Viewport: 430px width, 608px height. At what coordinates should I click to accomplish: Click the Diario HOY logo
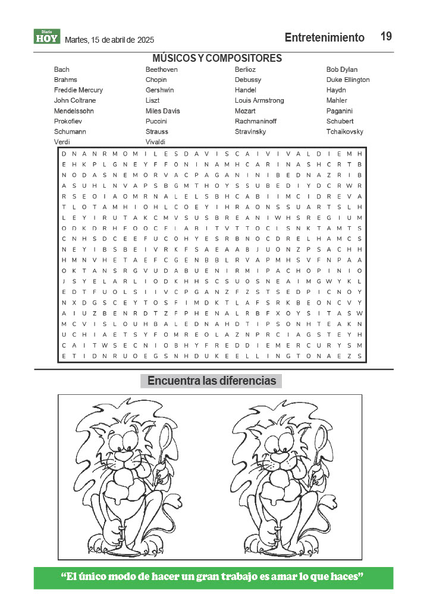47,37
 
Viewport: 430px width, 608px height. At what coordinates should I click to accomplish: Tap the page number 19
386,36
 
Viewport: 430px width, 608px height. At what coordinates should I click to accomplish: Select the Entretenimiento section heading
324,37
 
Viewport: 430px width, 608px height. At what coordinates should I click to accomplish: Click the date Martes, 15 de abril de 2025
109,40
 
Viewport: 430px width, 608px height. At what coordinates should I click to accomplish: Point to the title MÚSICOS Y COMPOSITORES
217,58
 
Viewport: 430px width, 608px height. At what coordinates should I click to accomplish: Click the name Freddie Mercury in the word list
78,90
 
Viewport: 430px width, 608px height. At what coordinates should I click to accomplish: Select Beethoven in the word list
161,69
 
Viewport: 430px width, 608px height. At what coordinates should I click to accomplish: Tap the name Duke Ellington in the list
348,80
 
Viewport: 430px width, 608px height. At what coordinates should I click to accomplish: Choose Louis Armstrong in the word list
259,100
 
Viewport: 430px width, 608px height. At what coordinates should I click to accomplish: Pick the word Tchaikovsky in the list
344,131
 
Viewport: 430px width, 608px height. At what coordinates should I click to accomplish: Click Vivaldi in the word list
156,142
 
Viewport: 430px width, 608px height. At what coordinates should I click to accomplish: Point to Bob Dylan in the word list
342,69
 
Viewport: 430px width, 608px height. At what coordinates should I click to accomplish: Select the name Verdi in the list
62,142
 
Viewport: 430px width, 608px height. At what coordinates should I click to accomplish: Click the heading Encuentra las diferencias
212,381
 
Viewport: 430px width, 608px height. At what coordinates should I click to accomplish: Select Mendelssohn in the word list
74,111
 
